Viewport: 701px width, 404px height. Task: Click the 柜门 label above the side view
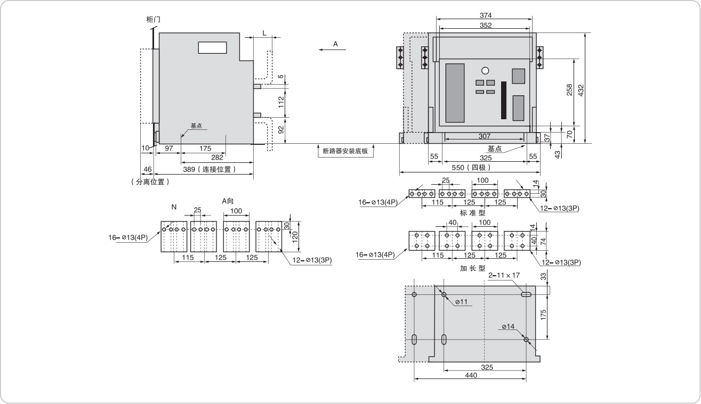[154, 20]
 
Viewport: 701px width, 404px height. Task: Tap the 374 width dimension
[486, 15]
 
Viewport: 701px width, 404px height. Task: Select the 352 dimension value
[486, 26]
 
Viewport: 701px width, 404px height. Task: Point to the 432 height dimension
[581, 90]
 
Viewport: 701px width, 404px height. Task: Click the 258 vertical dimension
[569, 89]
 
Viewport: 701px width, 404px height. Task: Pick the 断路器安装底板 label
[345, 151]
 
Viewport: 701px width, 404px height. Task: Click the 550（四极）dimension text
[471, 168]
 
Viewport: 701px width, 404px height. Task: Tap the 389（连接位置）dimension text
[210, 169]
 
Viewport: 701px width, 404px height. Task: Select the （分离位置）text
[150, 182]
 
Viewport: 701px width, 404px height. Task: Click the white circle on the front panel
[485, 71]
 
